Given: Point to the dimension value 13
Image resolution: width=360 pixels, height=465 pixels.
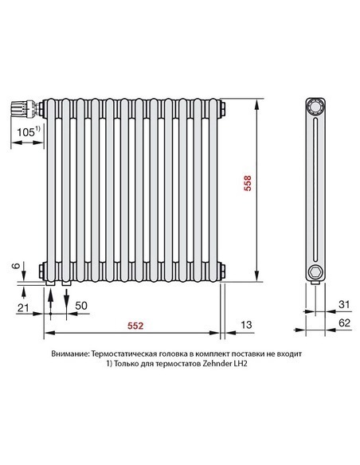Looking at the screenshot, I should (245, 323).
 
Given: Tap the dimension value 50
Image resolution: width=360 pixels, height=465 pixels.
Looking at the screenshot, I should (81, 306).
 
